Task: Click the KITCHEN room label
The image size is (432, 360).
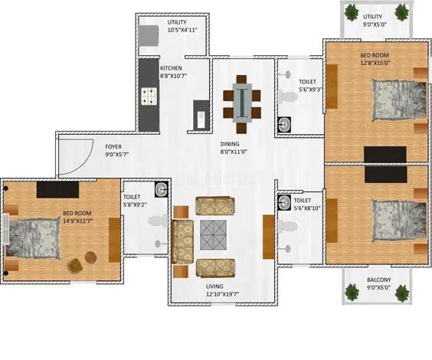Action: click(x=172, y=67)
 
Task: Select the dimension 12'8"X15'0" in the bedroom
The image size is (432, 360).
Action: click(x=375, y=64)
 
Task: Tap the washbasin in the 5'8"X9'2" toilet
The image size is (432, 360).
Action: click(x=161, y=188)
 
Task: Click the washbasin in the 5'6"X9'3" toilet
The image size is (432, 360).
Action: click(x=284, y=125)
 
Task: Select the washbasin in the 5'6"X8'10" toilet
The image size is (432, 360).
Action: click(x=284, y=201)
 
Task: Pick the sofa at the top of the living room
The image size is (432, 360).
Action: click(x=211, y=205)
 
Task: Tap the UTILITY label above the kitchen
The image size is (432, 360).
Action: click(x=177, y=22)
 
